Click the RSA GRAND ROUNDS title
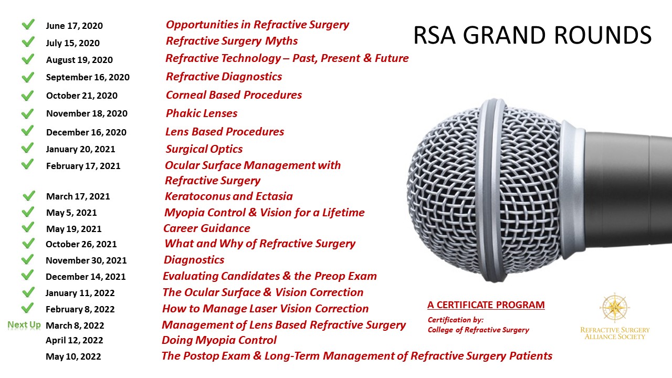pyautogui.click(x=532, y=35)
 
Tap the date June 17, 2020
pyautogui.click(x=75, y=26)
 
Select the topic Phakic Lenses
pyautogui.click(x=202, y=113)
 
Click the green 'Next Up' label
pyautogui.click(x=24, y=324)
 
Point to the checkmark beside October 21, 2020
pyautogui.click(x=28, y=96)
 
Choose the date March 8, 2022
pyautogui.click(x=75, y=325)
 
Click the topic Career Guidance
pyautogui.click(x=207, y=228)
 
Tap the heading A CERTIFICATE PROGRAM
pyautogui.click(x=486, y=305)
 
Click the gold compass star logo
pyautogui.click(x=615, y=308)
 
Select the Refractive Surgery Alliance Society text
pyautogui.click(x=615, y=333)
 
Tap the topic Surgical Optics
pyautogui.click(x=204, y=149)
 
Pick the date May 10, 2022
pyautogui.click(x=73, y=356)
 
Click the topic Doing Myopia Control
pyautogui.click(x=219, y=340)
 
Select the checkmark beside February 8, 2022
pyautogui.click(x=28, y=308)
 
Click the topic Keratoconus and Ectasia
pyautogui.click(x=228, y=196)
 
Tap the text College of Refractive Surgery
pyautogui.click(x=478, y=330)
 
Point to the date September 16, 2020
pyautogui.click(x=88, y=77)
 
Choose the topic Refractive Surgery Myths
pyautogui.click(x=232, y=41)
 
